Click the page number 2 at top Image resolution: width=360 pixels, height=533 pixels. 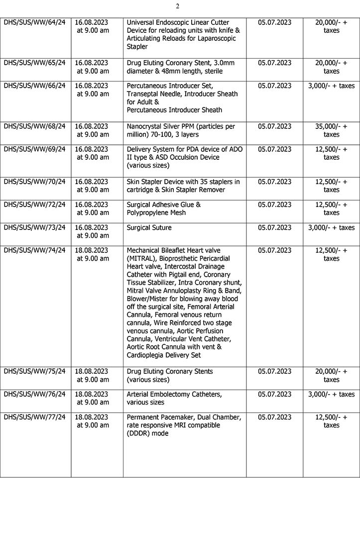177,6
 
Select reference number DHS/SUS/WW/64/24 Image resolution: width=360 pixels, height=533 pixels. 34,22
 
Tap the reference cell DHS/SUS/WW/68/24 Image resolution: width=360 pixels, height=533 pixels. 34,126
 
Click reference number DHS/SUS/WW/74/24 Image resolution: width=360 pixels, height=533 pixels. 34,250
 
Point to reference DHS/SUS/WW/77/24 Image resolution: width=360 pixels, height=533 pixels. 34,417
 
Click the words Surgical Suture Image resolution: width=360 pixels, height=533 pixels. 149,227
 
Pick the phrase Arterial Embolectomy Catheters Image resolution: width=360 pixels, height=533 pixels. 174,394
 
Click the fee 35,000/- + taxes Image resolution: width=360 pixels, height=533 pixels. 331,130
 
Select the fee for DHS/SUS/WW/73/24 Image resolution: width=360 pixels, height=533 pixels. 331,227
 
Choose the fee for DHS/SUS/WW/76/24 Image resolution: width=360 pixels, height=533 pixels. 331,394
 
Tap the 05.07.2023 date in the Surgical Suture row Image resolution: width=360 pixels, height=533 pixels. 274,227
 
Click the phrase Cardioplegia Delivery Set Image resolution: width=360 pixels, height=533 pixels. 164,355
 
